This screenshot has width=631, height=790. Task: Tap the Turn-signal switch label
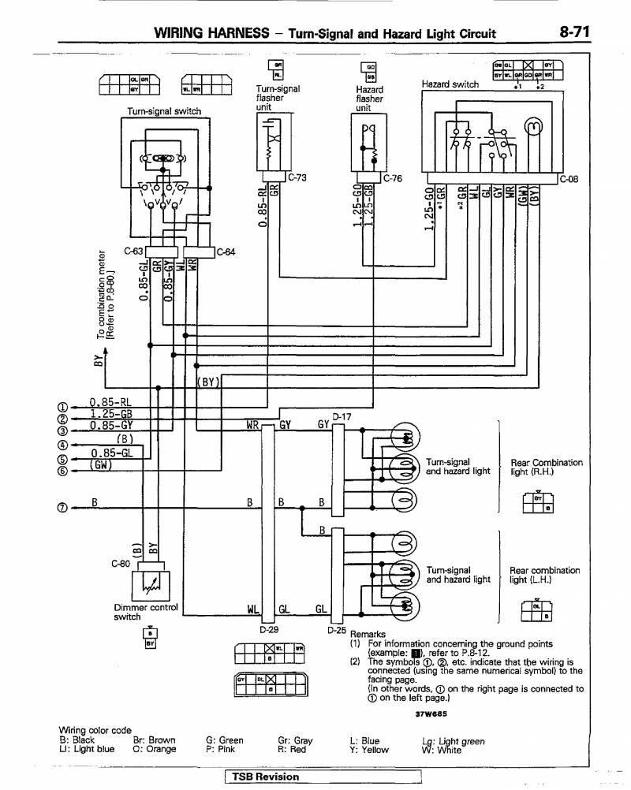click(x=164, y=112)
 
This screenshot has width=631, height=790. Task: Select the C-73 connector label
click(x=297, y=177)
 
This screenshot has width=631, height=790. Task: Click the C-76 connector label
click(x=393, y=178)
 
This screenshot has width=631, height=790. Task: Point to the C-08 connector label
click(x=569, y=178)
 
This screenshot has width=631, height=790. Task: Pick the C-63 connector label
click(x=134, y=252)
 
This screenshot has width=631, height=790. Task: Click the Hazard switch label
click(x=450, y=84)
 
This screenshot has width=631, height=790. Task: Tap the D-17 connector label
click(x=341, y=415)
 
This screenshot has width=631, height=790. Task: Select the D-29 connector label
click(x=269, y=629)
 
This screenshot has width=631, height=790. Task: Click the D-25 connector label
click(x=337, y=630)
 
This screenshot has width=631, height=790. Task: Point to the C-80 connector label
click(x=121, y=564)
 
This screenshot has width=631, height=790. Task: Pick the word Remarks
click(x=368, y=634)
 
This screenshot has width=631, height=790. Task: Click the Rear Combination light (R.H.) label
click(x=546, y=467)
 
